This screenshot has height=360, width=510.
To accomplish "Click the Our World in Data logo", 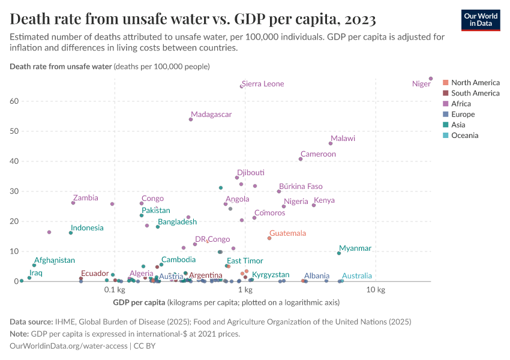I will [x=481, y=20].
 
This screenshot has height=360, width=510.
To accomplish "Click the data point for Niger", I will [x=431, y=79].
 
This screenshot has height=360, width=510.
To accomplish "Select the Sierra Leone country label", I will [x=263, y=84].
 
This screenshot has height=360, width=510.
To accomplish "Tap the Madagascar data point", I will [x=191, y=119].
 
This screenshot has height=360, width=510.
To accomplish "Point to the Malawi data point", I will [x=331, y=143].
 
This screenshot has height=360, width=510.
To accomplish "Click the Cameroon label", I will [x=318, y=154].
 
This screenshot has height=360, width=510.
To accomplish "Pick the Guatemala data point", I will [x=269, y=238].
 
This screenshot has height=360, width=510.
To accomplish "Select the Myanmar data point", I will [x=339, y=253].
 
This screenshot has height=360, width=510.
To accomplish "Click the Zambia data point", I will [x=73, y=203].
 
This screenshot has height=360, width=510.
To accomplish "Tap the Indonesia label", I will [x=87, y=228].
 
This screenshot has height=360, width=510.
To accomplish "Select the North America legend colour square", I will [x=446, y=83].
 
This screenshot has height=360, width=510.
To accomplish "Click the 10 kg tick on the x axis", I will [x=376, y=290].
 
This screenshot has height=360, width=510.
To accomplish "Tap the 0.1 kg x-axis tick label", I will [x=113, y=290].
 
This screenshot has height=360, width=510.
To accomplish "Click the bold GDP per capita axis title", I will [x=139, y=302].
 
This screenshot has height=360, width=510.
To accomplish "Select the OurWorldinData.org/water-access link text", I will [x=69, y=346].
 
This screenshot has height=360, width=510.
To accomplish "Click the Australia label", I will [x=357, y=276].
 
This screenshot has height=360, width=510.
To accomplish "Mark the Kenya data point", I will [x=314, y=205].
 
